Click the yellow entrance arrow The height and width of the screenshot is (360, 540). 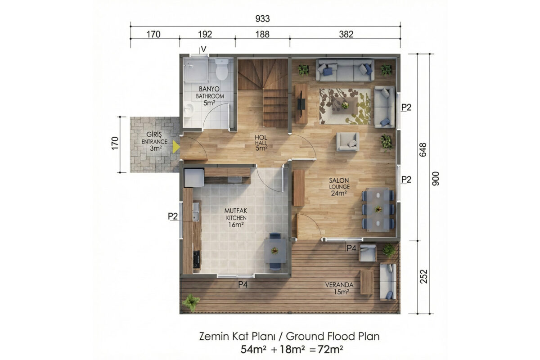click(x=176, y=147)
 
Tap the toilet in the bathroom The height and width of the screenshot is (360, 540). click(x=221, y=69)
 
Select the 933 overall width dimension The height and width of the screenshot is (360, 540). click(x=262, y=19)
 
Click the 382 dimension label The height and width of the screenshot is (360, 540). click(x=346, y=35)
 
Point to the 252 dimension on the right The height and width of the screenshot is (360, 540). click(x=423, y=276)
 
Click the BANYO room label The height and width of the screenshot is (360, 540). click(x=209, y=89)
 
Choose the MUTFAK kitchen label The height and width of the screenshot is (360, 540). click(x=236, y=211)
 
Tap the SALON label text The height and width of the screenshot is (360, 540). click(x=339, y=180)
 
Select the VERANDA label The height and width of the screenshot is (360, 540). click(x=339, y=285)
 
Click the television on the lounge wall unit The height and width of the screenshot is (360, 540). click(x=301, y=104)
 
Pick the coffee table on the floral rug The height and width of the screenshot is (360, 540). click(x=345, y=105)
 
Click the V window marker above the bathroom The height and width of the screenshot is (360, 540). click(x=204, y=49)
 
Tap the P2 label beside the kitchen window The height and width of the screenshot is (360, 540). click(x=173, y=216)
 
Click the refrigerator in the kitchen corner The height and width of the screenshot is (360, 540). click(x=194, y=178)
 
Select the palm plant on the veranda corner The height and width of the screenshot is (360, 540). click(x=191, y=302)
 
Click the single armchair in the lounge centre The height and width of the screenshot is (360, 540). click(x=347, y=142)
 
